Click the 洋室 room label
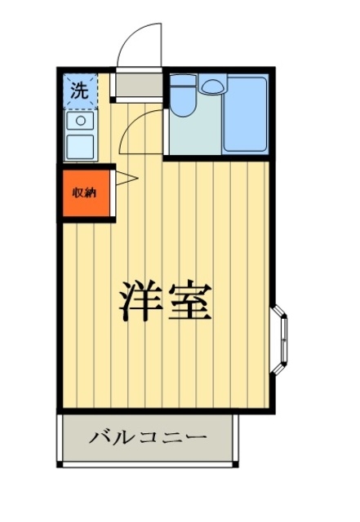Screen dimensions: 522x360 click(167, 302)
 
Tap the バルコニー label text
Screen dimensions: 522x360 click(148, 438)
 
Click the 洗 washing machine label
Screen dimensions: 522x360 click(79, 91)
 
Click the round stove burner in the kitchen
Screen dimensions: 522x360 click(81, 121)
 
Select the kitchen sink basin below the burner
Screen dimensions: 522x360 click(81, 147)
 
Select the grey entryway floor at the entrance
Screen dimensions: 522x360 click(137, 84)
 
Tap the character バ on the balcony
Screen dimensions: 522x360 click(100, 438)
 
